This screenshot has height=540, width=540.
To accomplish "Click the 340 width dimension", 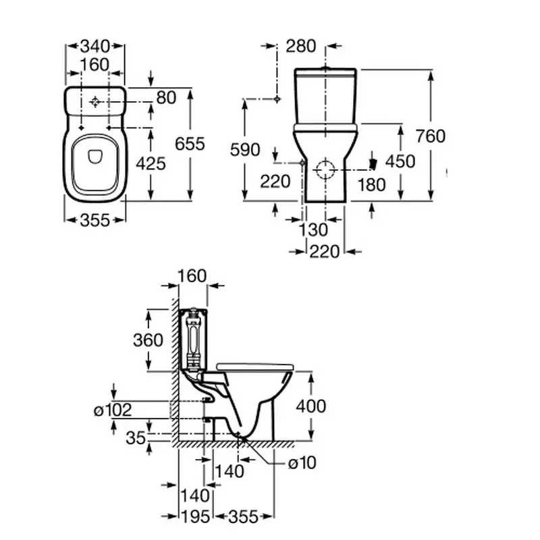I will (94, 47).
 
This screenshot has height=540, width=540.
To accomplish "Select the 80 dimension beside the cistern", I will (166, 98).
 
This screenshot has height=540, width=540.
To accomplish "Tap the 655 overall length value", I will (190, 144).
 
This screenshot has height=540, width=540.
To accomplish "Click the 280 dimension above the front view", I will (300, 46).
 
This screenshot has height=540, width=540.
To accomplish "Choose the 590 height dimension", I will (245, 150).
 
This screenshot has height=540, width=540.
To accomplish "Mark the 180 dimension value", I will (372, 184).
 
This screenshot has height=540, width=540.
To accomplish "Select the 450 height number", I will (400, 161).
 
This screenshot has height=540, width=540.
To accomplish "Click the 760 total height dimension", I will (430, 136).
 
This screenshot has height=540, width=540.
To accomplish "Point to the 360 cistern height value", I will (148, 340).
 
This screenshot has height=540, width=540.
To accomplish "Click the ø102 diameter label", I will (113, 410).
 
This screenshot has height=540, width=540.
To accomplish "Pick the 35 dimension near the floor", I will (136, 438).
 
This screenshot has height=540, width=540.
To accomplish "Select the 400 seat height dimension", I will (310, 406).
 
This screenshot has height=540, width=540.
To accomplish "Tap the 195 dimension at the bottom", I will (194, 516).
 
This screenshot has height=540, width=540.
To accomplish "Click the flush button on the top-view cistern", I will (95, 102).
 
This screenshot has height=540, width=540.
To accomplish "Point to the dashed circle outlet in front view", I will (326, 169).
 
